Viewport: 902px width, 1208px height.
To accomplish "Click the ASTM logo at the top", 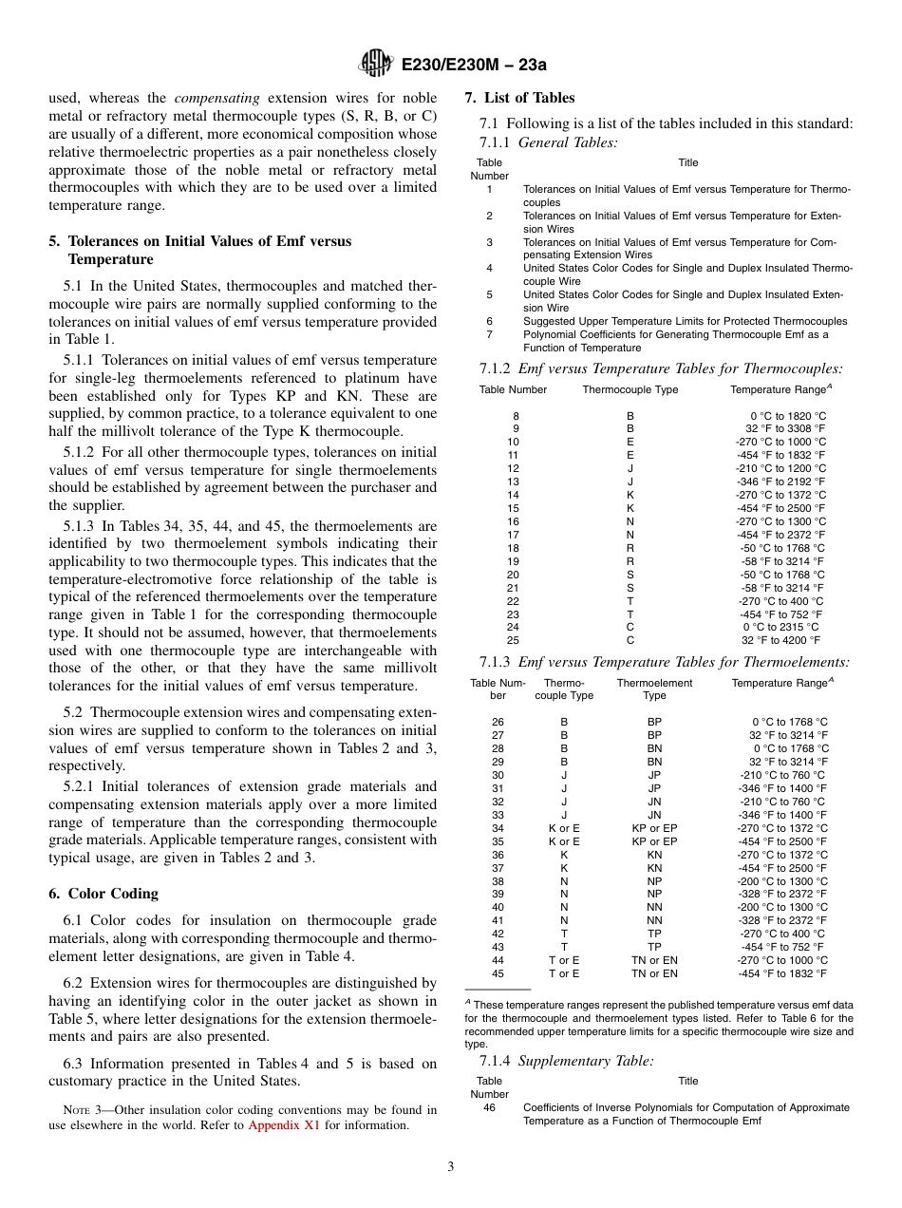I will coord(376,65).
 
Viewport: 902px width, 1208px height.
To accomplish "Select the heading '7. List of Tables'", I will coord(519,98).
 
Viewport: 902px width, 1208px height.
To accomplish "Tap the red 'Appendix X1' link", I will coord(284,1125).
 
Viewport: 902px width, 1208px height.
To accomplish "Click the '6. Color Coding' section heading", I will coord(103,894).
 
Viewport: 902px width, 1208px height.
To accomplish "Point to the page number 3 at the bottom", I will coord(451,1166).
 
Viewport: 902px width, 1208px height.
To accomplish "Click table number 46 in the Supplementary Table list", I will coord(489,1107).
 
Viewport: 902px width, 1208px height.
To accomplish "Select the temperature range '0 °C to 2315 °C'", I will coord(780,627).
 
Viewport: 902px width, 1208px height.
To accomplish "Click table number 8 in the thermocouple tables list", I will coord(516,416).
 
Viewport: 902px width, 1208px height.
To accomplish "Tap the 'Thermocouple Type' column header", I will coord(630,389).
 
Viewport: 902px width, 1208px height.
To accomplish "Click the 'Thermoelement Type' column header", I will coord(654,689).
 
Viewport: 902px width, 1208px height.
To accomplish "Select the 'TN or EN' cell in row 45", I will coord(654,973).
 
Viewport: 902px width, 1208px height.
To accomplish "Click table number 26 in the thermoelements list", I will coord(498,722).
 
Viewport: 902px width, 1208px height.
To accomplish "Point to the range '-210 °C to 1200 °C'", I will coord(780,468).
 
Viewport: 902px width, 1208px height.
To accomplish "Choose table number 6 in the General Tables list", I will coord(489,321).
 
